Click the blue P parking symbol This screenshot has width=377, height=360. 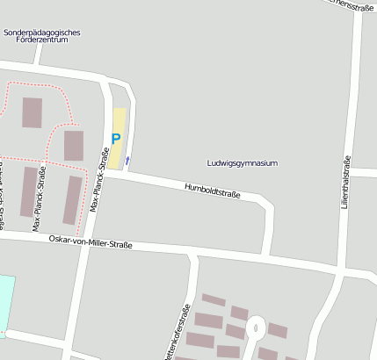pyautogui.click(x=115, y=139)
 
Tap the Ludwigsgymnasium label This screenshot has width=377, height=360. pyautogui.click(x=242, y=163)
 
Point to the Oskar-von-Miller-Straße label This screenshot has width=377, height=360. pyautogui.click(x=90, y=241)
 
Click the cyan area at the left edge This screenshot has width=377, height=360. pyautogui.click(x=6, y=303)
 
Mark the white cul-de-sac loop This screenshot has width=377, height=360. pyautogui.click(x=255, y=328)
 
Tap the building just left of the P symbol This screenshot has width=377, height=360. pyautogui.click(x=73, y=145)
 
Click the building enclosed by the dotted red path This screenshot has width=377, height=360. pyautogui.click(x=32, y=112)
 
